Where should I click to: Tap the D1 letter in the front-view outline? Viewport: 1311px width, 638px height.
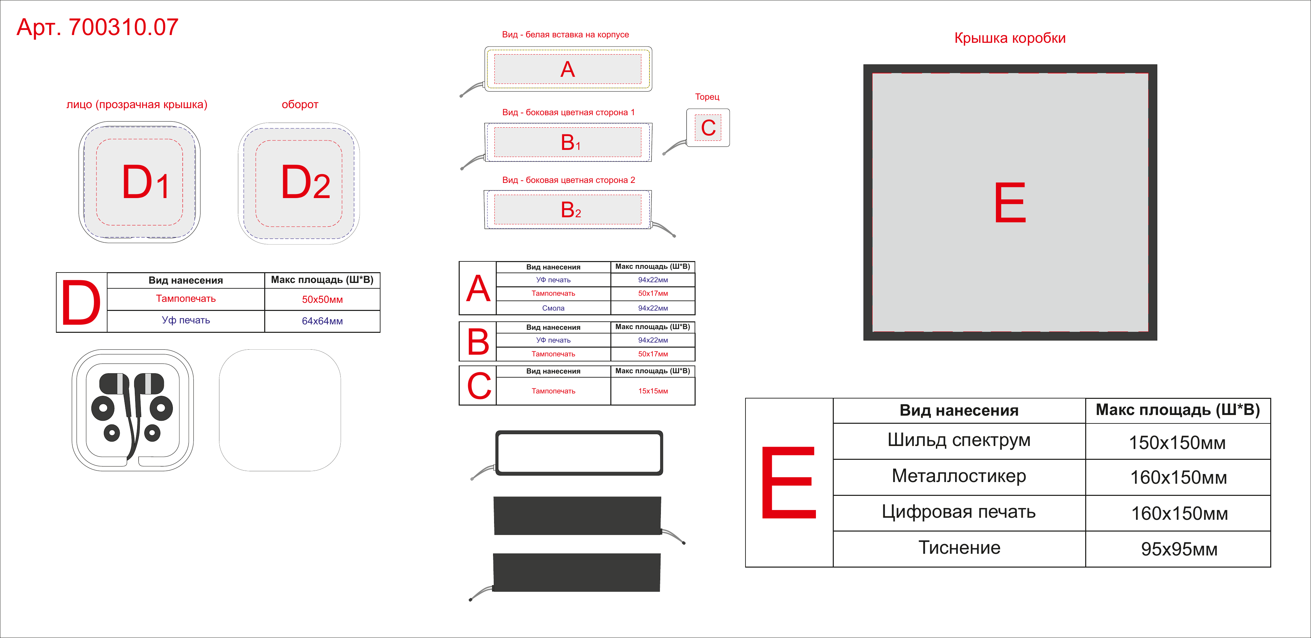(x=146, y=182)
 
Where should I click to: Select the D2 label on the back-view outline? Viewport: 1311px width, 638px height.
(x=305, y=182)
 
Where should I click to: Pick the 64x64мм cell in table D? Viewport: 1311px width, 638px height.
(x=322, y=321)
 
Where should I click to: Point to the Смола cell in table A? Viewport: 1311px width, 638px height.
(x=553, y=308)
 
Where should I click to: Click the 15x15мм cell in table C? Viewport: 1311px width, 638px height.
(x=653, y=391)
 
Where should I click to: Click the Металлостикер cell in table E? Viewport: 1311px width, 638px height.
(x=959, y=476)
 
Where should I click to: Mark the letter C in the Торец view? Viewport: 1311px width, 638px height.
(x=708, y=128)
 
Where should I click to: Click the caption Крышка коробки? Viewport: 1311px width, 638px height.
(x=1010, y=38)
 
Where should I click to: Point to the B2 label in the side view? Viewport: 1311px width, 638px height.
(x=571, y=210)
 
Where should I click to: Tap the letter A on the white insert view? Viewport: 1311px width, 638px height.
(x=568, y=69)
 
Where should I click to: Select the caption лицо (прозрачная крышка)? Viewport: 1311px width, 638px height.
(x=137, y=105)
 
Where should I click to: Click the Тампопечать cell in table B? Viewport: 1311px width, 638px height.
(x=553, y=354)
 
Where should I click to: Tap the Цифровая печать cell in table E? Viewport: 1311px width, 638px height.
(x=959, y=512)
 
